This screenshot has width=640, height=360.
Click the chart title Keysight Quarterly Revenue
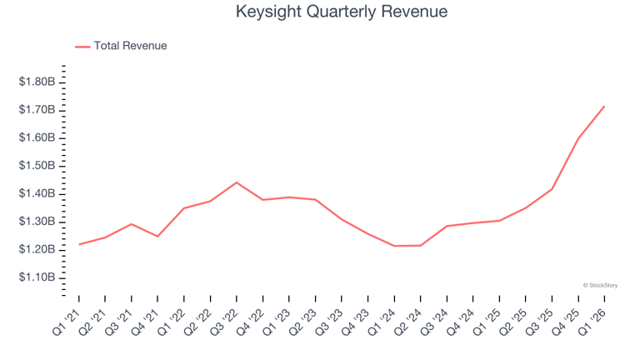pyautogui.click(x=342, y=12)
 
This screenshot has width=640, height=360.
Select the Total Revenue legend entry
pyautogui.click(x=121, y=46)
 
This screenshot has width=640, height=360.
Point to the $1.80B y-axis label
pyautogui.click(x=37, y=82)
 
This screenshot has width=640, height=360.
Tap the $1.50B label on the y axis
pyautogui.click(x=37, y=165)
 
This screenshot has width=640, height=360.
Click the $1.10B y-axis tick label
pyautogui.click(x=37, y=277)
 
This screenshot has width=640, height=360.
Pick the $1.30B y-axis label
pyautogui.click(x=37, y=221)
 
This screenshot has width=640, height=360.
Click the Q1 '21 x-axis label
pyautogui.click(x=67, y=322)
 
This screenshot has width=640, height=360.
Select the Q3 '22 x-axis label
pyautogui.click(x=224, y=322)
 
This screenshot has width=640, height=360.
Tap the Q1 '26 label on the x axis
pyautogui.click(x=592, y=322)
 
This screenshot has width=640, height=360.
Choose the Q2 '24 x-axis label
pyautogui.click(x=408, y=322)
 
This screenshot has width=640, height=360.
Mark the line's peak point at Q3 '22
pyautogui.click(x=237, y=182)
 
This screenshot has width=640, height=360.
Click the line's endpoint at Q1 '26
pyautogui.click(x=604, y=107)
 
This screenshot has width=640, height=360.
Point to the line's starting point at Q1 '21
pyautogui.click(x=79, y=244)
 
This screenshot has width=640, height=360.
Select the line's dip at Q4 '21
pyautogui.click(x=157, y=237)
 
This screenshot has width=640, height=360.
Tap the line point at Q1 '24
pyautogui.click(x=394, y=246)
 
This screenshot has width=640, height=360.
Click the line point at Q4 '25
pyautogui.click(x=578, y=139)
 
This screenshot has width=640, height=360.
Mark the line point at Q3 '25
pyautogui.click(x=552, y=189)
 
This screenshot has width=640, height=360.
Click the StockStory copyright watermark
pyautogui.click(x=600, y=286)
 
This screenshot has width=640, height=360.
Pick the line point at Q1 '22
pyautogui.click(x=184, y=208)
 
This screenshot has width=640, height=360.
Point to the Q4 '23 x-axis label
pyautogui.click(x=356, y=322)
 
